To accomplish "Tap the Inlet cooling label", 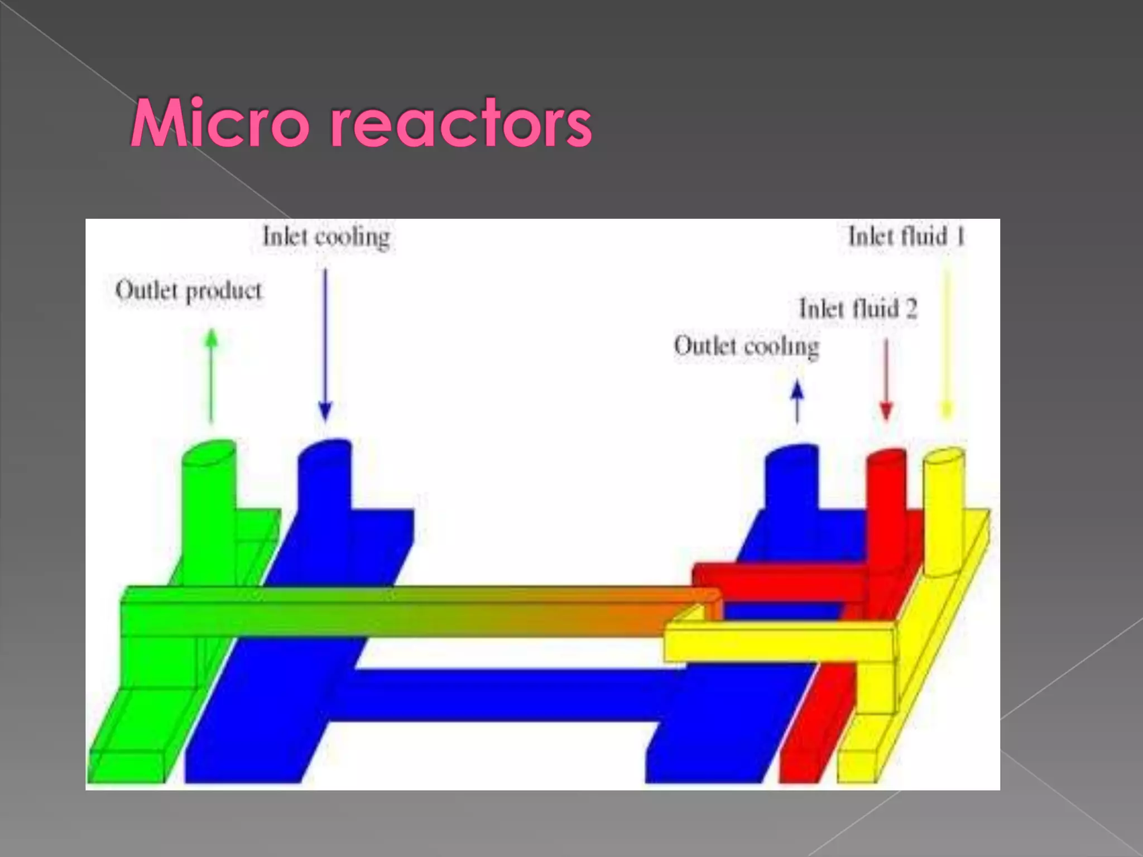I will point(326,237).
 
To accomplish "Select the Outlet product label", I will point(189,291).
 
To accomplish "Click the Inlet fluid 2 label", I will point(858,309).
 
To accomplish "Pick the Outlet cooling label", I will point(746,346).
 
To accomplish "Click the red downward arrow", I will point(886,379).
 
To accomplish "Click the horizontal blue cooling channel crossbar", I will point(502,695).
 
